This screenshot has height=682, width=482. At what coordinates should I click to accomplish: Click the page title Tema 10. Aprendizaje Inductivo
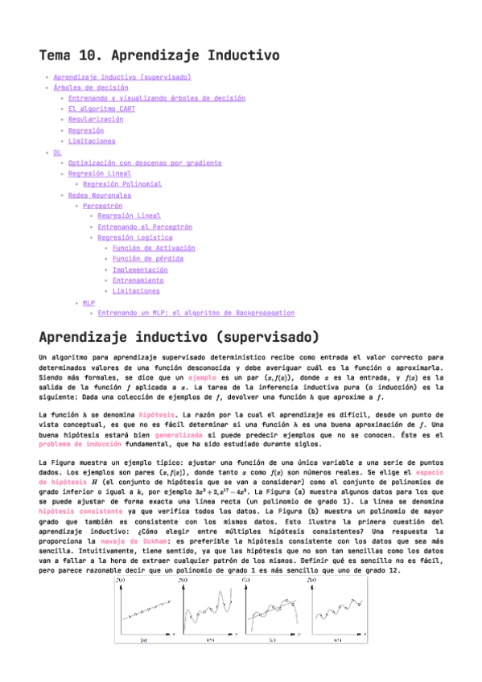click(x=159, y=55)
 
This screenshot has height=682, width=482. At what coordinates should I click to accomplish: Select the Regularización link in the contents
click(x=96, y=119)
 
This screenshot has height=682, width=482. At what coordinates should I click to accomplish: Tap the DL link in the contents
click(x=57, y=151)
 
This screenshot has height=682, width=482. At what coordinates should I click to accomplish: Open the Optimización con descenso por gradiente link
click(x=145, y=162)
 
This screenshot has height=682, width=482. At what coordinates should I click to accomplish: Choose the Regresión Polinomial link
click(x=122, y=183)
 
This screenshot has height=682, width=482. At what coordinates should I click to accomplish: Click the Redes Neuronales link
click(x=100, y=195)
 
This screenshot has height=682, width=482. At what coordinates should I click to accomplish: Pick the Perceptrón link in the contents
click(x=102, y=205)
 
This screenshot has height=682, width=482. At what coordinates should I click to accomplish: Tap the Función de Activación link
click(x=154, y=249)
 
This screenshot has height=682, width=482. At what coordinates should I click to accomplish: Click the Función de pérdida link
click(x=147, y=259)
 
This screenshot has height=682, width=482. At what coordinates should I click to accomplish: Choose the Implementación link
click(x=140, y=270)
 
